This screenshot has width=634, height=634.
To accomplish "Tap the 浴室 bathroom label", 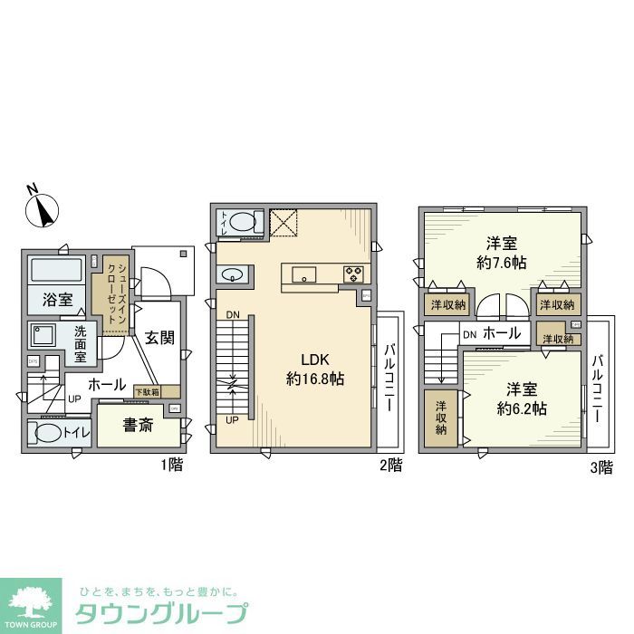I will pos(56,300).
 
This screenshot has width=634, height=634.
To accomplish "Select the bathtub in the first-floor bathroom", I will pos(56,270).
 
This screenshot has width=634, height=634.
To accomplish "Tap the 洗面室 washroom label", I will pos(80,343).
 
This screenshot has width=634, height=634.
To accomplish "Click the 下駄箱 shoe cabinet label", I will pos(146,391).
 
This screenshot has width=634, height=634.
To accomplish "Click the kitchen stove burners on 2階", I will pos(352,272).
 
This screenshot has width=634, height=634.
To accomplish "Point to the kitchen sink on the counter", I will pos(303,274).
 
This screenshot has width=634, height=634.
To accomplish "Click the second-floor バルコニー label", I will pos(389,379).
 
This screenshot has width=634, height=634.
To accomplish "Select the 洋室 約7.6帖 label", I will pos(501,253).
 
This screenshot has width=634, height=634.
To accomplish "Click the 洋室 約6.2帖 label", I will pos(519,399).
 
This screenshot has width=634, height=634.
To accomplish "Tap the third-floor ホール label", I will pos(502,333).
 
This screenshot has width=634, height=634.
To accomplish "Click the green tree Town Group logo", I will pos(31,602).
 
